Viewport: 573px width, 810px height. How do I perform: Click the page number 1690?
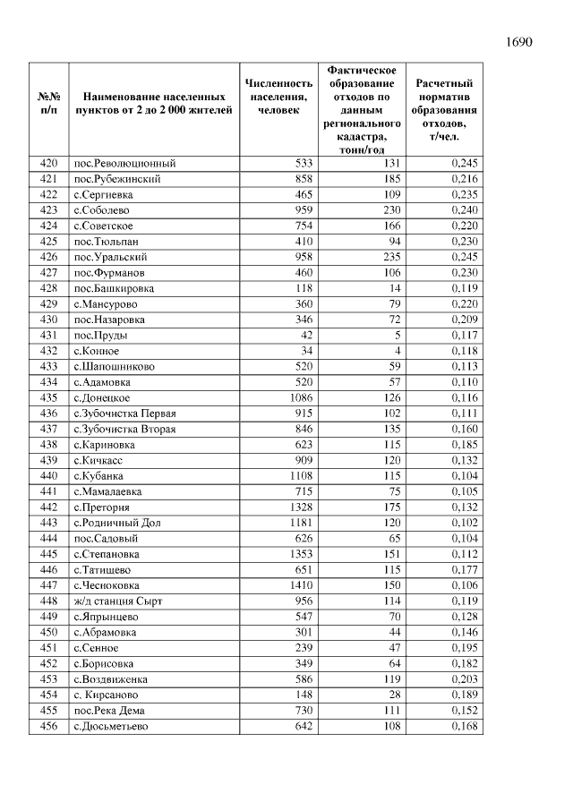(x=518, y=42)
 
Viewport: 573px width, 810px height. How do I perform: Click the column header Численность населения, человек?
(x=278, y=97)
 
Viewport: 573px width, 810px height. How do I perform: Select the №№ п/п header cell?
(x=49, y=103)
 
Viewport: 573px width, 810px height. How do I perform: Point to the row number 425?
(x=49, y=242)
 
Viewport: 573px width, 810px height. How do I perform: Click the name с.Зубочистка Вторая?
(x=124, y=429)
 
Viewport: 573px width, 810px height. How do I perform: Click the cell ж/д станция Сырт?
(x=118, y=601)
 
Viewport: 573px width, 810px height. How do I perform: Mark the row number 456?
(x=49, y=726)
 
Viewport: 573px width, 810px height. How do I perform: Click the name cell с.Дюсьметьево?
(x=111, y=726)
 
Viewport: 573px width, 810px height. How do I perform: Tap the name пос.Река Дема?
(x=109, y=711)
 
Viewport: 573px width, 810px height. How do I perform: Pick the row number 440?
(x=49, y=476)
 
